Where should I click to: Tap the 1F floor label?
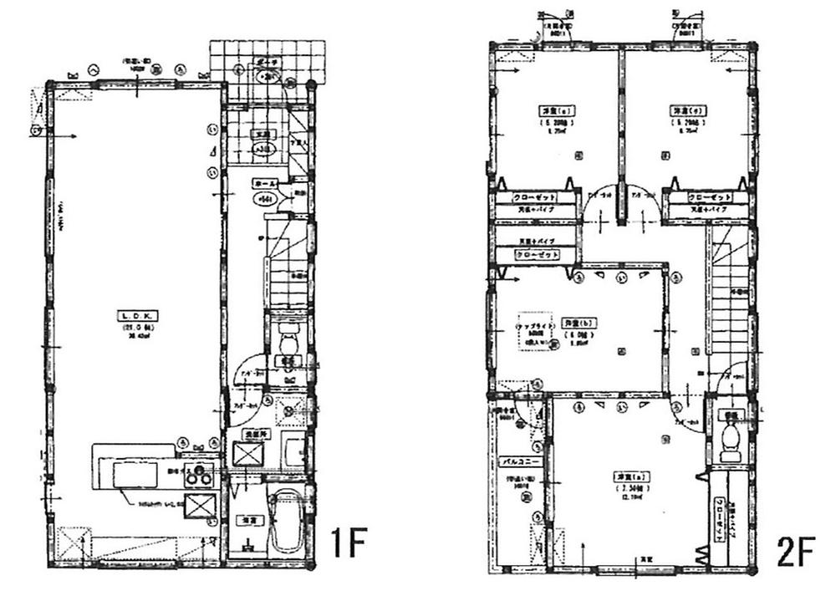point(345,544)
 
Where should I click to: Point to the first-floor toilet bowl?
point(288,343)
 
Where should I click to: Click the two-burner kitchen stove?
point(200,477)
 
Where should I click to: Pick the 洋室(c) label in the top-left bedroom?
point(544,111)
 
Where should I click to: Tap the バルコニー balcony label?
point(518,461)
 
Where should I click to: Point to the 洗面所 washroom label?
point(253,434)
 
